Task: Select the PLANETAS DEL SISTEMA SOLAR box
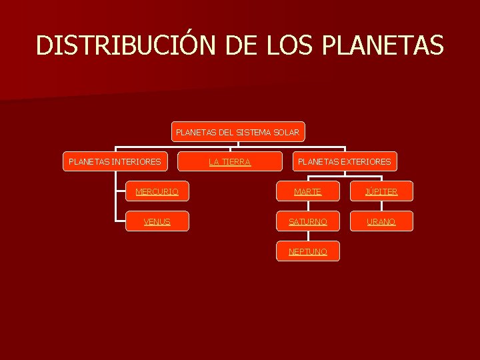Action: point(238,132)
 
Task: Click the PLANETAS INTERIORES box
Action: point(115,161)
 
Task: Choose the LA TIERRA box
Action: point(229,161)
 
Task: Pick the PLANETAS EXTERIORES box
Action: point(344,161)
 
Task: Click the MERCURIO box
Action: point(157,191)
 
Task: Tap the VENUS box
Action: point(157,221)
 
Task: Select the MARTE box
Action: point(308,191)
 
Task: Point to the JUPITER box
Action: point(381,191)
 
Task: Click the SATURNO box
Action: point(308,221)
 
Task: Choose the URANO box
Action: point(381,221)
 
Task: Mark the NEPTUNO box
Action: point(308,251)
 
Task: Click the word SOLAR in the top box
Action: point(287,132)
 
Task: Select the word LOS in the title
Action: point(291,45)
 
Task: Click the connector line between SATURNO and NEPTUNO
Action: point(308,236)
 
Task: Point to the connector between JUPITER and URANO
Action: point(381,206)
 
